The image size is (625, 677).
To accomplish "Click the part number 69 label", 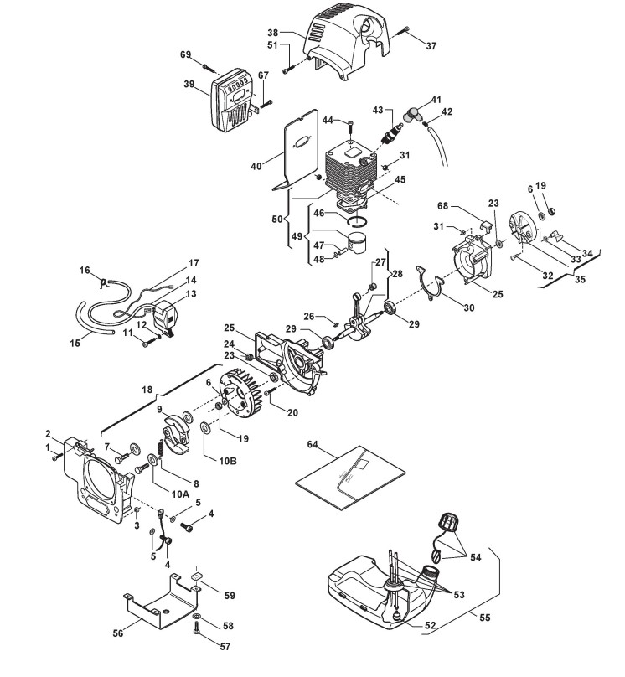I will [x=185, y=54].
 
